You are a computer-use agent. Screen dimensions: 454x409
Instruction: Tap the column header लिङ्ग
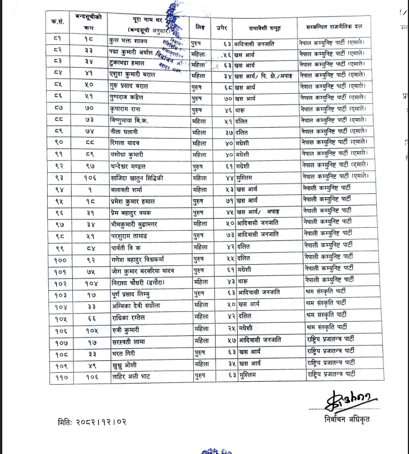pos(200,27)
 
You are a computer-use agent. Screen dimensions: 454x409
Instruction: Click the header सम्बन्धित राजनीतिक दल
pos(333,27)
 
